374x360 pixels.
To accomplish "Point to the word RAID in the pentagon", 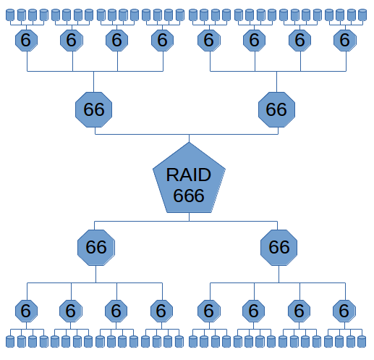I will coord(189,175).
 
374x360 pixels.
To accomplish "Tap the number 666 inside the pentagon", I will coord(189,195).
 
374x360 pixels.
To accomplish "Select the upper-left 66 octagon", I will coord(94,110).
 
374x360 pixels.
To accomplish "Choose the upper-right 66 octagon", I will coord(277,110).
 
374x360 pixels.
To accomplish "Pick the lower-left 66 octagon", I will coord(96,247).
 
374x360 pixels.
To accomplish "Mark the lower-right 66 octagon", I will coord(279,247).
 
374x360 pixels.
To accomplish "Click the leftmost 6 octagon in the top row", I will coord(26,41).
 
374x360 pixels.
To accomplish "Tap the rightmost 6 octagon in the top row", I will coord(345,41).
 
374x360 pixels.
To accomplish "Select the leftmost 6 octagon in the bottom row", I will coord(25,311).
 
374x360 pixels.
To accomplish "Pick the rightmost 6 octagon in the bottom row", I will coord(344,311).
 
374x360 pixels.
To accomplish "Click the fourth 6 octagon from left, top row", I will coord(162,41).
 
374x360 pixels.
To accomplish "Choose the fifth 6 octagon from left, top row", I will coord(208,41).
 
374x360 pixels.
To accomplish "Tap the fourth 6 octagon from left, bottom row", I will coord(161,311).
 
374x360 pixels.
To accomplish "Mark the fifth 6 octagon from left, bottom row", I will coord(208,311).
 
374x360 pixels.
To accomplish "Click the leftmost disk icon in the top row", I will coord(9,15).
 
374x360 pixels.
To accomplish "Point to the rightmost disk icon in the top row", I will coord(362,15).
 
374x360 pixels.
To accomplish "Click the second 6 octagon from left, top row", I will coord(71,41).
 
